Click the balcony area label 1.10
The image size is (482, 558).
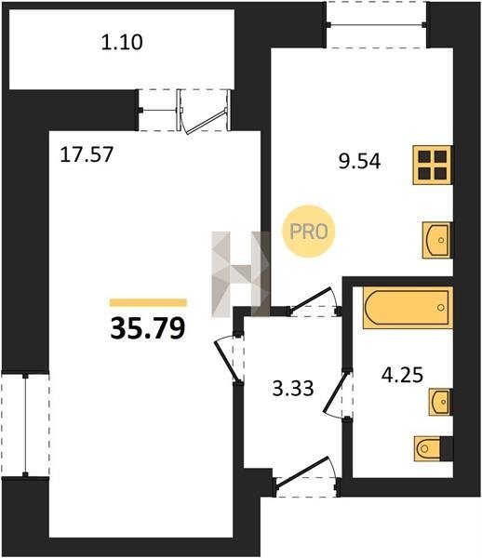(x=122, y=42)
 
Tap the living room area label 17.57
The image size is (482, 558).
(x=87, y=154)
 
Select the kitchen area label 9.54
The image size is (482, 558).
(x=359, y=161)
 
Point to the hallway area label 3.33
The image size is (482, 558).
(x=293, y=388)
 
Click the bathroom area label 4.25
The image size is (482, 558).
(x=402, y=375)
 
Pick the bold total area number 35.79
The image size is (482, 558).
(x=148, y=328)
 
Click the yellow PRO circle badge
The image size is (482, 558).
(x=309, y=232)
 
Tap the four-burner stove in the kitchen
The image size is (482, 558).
(x=433, y=165)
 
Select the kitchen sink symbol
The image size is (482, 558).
(x=437, y=240)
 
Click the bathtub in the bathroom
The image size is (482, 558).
(x=408, y=308)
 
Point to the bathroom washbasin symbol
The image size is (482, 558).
(x=441, y=402)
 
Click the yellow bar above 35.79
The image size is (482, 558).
(x=148, y=302)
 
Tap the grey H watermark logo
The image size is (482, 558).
(x=241, y=274)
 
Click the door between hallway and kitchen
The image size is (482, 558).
(x=315, y=301)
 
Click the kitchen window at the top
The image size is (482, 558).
(x=377, y=24)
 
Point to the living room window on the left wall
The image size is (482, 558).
(x=25, y=425)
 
